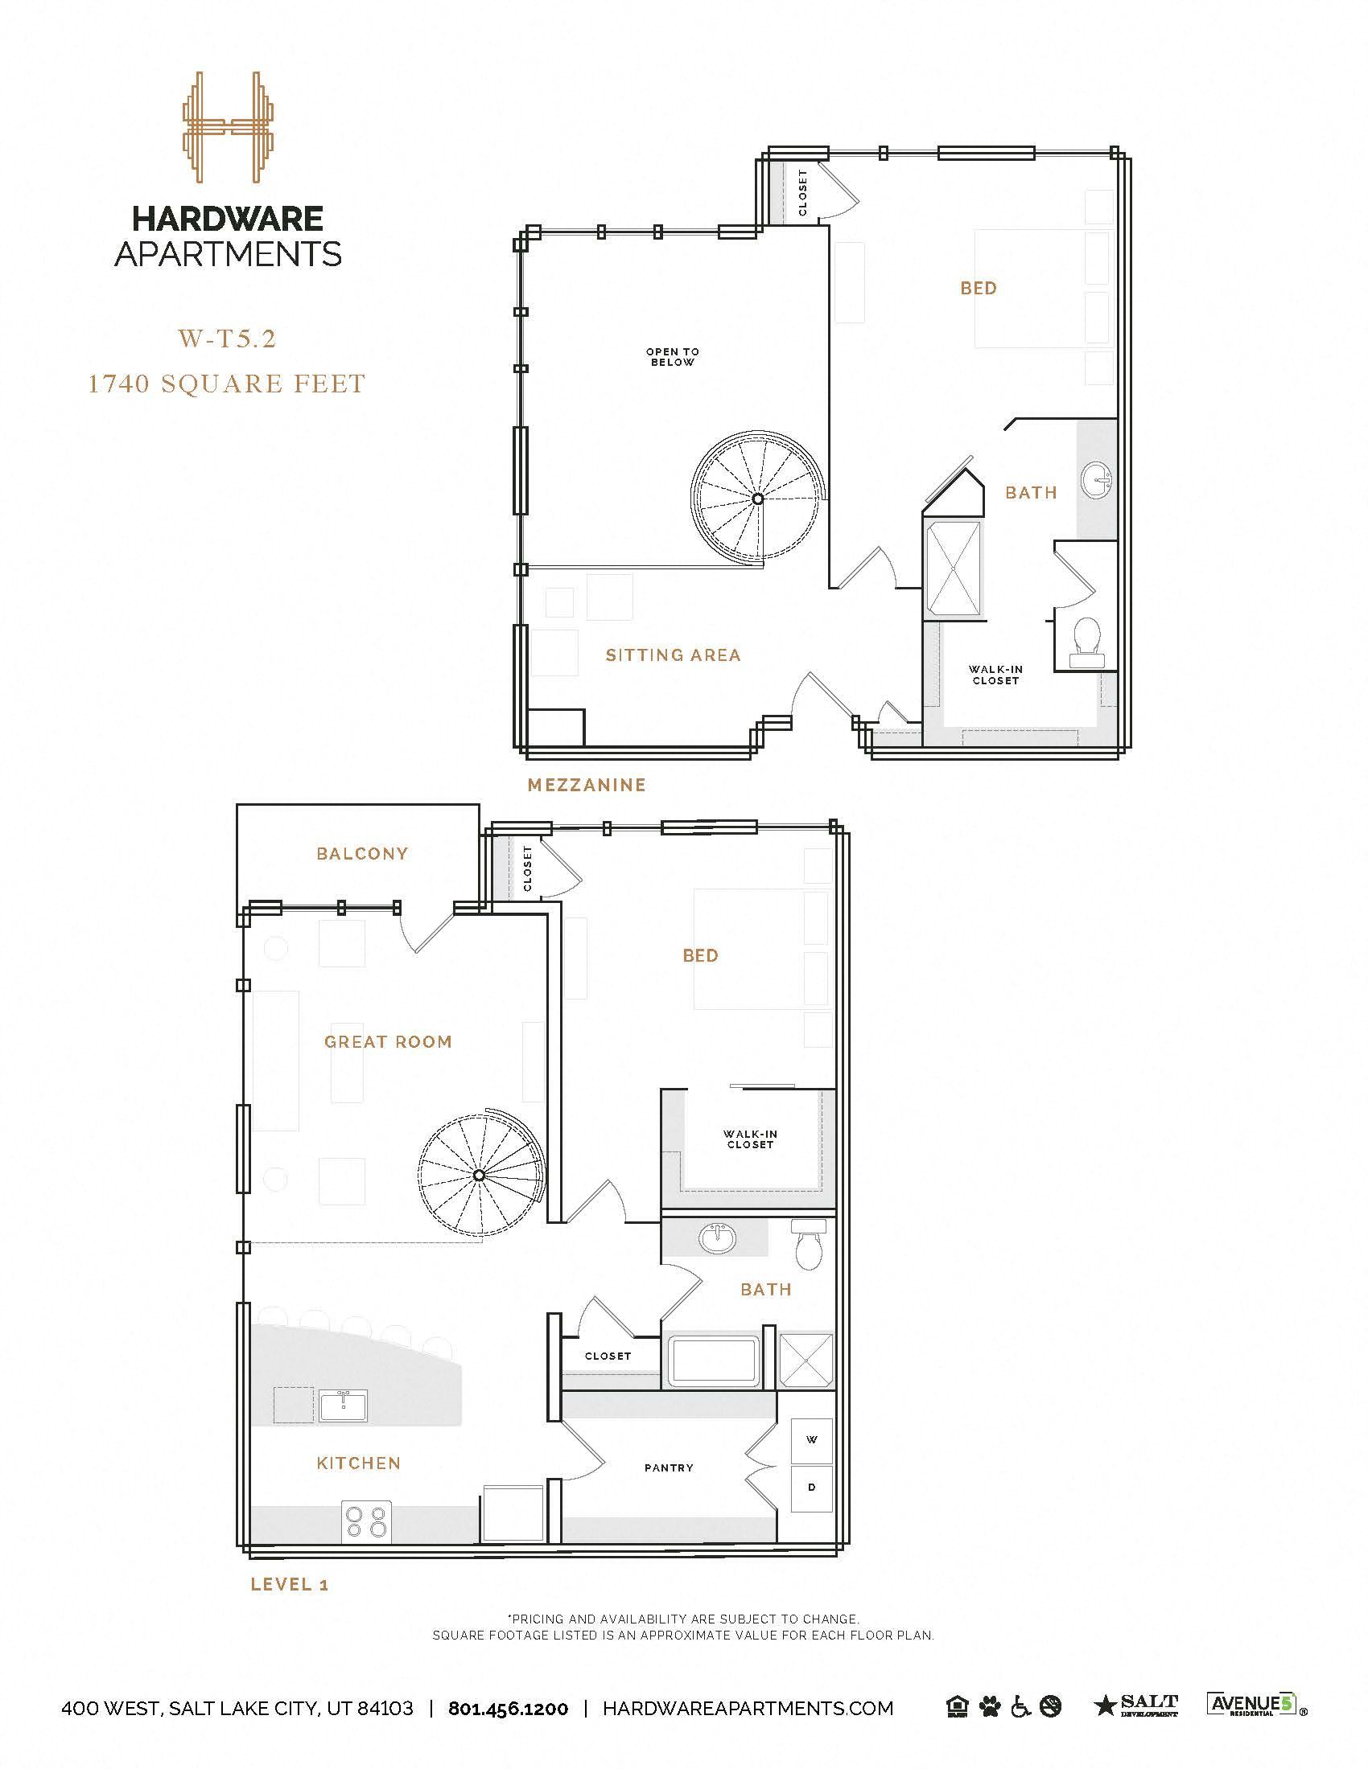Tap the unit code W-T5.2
click(227, 339)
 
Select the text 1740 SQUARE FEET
click(227, 383)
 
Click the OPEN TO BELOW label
click(672, 357)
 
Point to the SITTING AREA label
click(673, 655)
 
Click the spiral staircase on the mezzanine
click(757, 499)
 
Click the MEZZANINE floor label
click(586, 785)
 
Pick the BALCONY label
click(362, 854)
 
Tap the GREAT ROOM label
click(388, 1041)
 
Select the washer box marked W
click(811, 1439)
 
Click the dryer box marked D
click(811, 1487)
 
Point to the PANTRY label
click(669, 1467)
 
